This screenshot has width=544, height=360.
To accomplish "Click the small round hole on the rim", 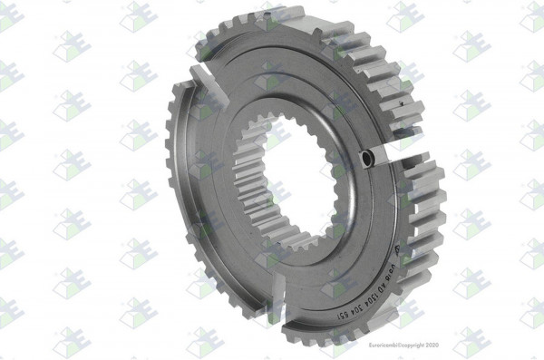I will pyautogui.click(x=366, y=158).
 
